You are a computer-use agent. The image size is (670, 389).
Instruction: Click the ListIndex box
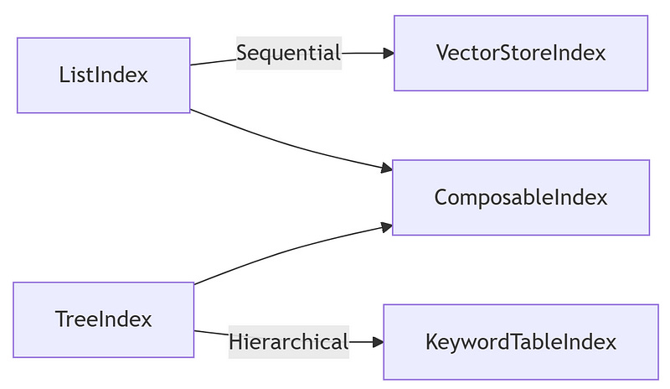pos(103,75)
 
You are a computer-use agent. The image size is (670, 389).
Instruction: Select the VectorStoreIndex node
pos(520,53)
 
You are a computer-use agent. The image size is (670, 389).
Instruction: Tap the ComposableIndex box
pos(520,198)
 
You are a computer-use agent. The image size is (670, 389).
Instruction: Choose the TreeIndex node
pos(103,319)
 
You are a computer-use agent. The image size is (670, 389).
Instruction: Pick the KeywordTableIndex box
pos(520,342)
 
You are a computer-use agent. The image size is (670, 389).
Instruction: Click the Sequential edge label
pos(288,54)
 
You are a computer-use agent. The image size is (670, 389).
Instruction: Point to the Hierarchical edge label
pos(288,342)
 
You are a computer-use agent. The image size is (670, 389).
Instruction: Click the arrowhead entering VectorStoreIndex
pos(388,53)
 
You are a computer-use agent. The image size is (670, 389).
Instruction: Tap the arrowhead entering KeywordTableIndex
pos(378,342)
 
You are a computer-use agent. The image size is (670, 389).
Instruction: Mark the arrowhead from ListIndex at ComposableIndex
pos(386,169)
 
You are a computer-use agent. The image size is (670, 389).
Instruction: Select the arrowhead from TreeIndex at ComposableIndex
pos(386,226)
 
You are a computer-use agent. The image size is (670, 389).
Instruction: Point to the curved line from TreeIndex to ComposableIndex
pos(285,250)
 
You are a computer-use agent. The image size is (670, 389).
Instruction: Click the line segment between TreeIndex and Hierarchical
pos(211,334)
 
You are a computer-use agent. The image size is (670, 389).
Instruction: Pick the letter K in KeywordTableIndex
pos(430,342)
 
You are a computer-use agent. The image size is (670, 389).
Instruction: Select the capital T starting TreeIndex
pos(60,319)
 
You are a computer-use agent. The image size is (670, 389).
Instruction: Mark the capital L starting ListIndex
pos(64,75)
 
